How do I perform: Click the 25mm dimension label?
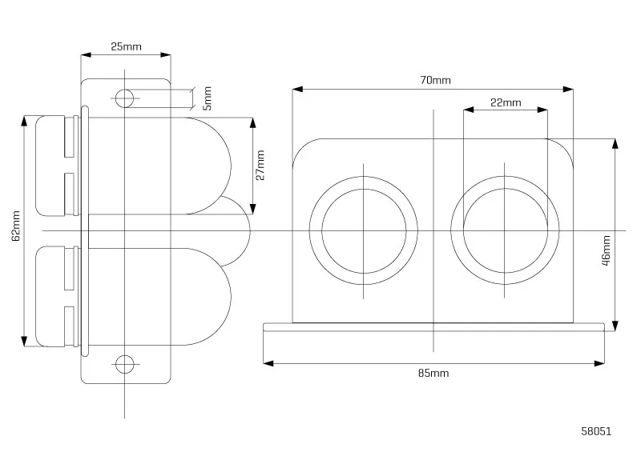(x=126, y=46)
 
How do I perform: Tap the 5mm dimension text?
(x=208, y=98)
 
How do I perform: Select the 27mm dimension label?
(x=260, y=165)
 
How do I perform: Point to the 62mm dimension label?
(x=15, y=226)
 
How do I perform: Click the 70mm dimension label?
(x=435, y=80)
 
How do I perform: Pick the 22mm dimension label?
(x=506, y=102)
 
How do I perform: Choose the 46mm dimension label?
(x=607, y=250)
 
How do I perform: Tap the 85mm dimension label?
(x=433, y=373)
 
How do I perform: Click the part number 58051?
(x=596, y=431)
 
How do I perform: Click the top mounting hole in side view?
(x=124, y=98)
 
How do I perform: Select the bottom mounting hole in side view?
(x=125, y=364)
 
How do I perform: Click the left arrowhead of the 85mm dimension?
(x=268, y=363)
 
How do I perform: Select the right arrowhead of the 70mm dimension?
(x=568, y=89)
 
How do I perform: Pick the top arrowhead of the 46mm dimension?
(x=615, y=144)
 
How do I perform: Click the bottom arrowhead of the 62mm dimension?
(x=24, y=342)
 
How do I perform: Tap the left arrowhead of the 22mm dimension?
(x=469, y=110)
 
